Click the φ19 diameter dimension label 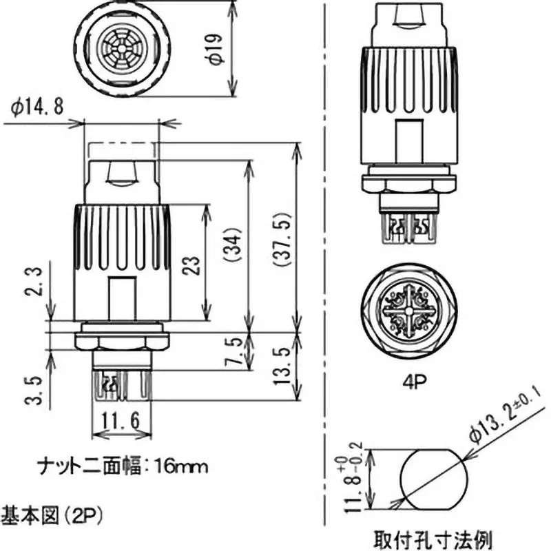pos(216,48)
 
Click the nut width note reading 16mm pos(121,466)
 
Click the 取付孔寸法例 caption pos(432,537)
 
